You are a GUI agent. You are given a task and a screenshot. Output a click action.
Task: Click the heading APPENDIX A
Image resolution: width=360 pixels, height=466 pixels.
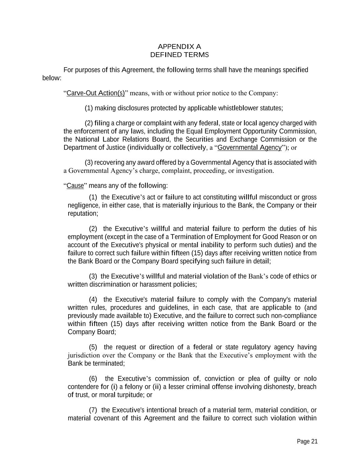click(179, 46)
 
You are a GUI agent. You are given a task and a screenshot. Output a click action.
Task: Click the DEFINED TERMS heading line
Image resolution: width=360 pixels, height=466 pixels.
click(179, 55)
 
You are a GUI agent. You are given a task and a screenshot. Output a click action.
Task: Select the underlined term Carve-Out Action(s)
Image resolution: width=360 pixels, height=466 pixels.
click(96, 93)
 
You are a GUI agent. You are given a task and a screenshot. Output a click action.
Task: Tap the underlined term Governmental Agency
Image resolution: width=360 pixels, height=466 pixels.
click(250, 147)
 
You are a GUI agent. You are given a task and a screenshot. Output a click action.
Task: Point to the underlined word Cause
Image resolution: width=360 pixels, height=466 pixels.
click(75, 186)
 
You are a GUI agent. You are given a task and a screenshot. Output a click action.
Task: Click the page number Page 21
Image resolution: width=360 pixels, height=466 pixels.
click(307, 441)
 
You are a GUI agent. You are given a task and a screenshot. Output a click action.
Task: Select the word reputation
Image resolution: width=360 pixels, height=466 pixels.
click(83, 213)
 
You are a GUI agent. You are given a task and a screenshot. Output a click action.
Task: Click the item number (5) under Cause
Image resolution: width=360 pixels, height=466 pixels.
click(93, 347)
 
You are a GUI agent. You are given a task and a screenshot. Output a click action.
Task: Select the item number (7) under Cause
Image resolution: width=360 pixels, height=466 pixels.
click(93, 410)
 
